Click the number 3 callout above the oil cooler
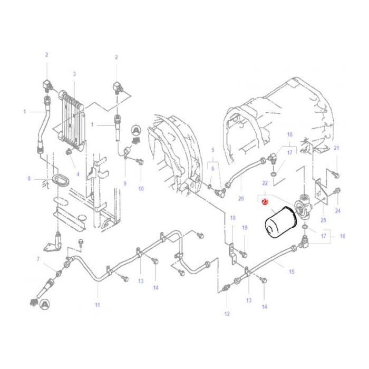[x=74, y=74]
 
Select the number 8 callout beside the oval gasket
[x=29, y=179]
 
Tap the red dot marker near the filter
[x=265, y=202]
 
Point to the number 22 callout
[x=265, y=183]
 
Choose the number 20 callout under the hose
[x=241, y=199]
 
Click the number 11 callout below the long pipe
[x=98, y=305]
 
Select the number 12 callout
[x=227, y=314]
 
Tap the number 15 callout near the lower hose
[x=292, y=272]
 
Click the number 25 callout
[x=323, y=220]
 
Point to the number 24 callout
[x=338, y=211]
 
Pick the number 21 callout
[x=336, y=148]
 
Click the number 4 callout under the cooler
[x=78, y=174]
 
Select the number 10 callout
[x=141, y=189]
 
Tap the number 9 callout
[x=125, y=183]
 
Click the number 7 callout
[x=38, y=259]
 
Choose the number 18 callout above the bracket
[x=233, y=218]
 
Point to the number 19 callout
[x=245, y=228]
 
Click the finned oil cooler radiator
[x=72, y=121]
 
